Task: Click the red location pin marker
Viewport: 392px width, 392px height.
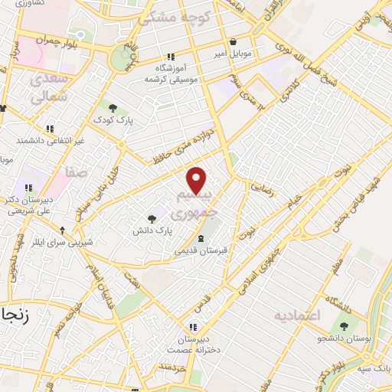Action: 198,180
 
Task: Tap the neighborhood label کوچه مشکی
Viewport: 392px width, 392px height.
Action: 171,16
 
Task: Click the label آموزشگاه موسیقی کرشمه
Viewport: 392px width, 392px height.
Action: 171,73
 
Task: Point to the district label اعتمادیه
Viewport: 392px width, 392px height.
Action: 297,315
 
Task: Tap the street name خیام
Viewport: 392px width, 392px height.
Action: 294,201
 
